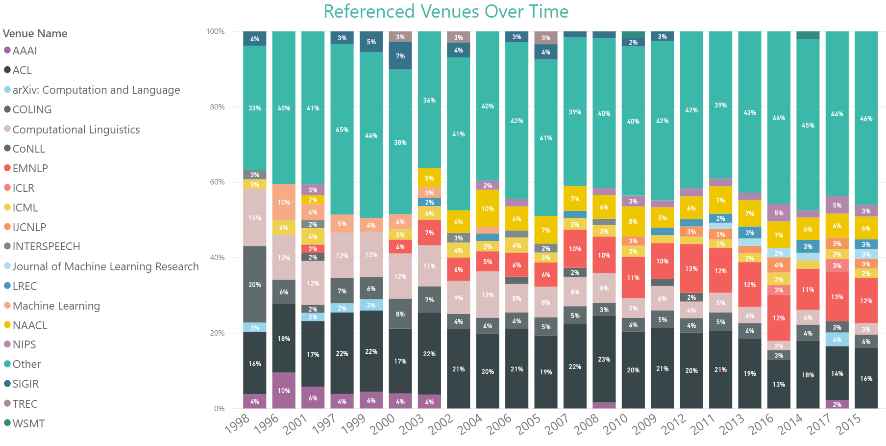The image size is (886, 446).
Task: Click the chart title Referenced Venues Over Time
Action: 445,11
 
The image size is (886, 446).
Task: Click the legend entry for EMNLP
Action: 30,168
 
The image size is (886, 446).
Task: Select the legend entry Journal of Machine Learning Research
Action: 105,266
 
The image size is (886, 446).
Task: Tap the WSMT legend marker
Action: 7,423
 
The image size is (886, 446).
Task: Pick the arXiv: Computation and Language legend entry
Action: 96,90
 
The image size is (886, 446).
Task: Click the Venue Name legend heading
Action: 35,33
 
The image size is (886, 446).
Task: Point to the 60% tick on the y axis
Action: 217,182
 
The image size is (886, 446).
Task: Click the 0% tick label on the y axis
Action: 219,408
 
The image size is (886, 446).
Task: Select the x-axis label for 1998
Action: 238,424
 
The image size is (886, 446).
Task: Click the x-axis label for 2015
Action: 849,424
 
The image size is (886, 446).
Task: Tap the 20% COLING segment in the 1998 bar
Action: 254,285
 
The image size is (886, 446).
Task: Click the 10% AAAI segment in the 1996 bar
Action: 284,391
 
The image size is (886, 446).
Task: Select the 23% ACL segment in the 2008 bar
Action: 604,359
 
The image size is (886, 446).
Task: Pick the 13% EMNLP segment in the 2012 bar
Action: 691,268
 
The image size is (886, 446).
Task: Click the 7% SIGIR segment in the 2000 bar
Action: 400,56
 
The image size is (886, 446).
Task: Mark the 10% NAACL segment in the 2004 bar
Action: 487,209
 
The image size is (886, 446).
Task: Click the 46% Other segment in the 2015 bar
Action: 866,118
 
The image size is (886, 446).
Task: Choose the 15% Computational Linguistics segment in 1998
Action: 254,218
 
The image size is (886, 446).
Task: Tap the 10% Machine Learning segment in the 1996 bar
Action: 284,202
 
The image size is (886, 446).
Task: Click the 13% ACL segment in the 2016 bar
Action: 779,384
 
